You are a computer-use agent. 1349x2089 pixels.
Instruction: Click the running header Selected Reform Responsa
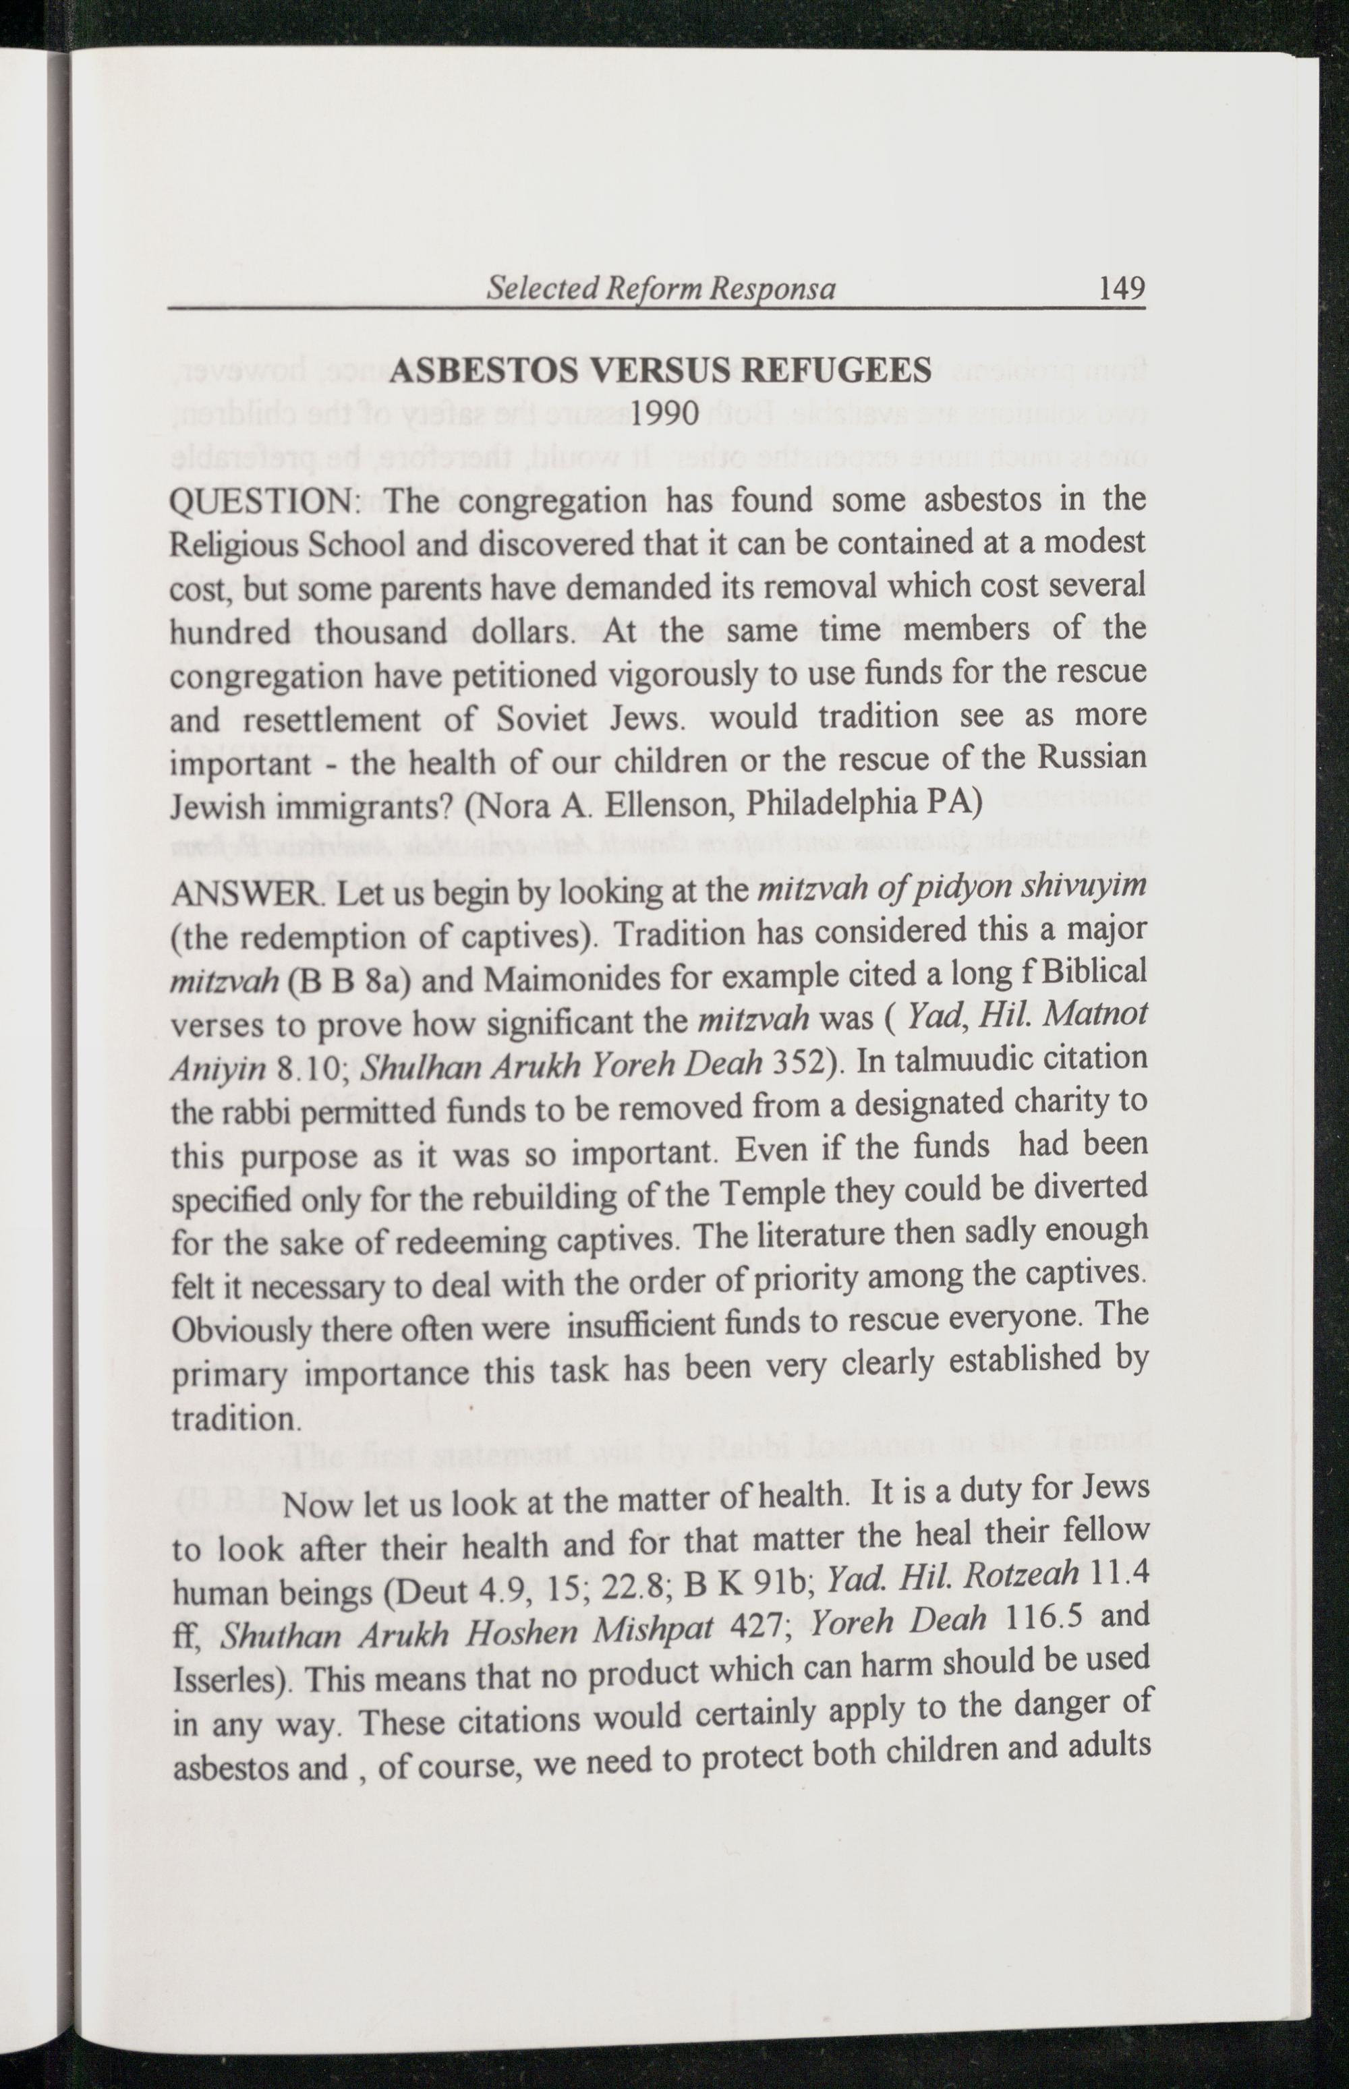click(662, 289)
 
